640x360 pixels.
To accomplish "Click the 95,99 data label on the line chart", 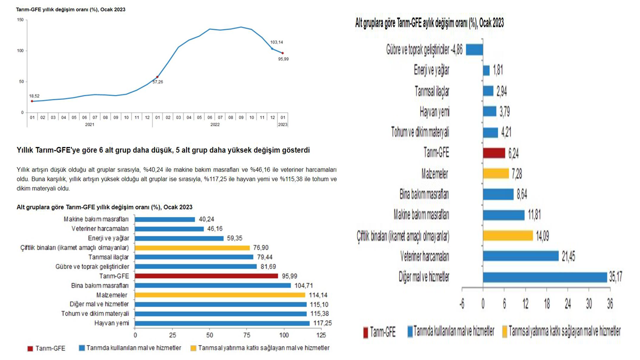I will [x=283, y=59].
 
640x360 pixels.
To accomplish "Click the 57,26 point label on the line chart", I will [x=157, y=81].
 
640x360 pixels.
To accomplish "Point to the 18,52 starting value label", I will [x=34, y=95].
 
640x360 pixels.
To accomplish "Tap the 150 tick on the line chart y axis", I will [x=20, y=20].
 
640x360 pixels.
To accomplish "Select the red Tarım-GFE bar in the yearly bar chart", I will [x=206, y=275].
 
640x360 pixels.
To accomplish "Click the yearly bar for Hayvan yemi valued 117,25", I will [x=222, y=323].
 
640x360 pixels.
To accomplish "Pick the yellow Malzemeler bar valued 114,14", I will [x=220, y=295].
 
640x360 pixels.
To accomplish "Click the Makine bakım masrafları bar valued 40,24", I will [x=165, y=219].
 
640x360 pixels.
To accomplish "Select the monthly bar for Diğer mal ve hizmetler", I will [x=545, y=276].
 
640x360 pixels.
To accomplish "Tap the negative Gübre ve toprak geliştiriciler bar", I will [x=474, y=49].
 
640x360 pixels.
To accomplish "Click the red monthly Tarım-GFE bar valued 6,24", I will [x=494, y=153].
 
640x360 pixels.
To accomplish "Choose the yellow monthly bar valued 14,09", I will [x=508, y=235].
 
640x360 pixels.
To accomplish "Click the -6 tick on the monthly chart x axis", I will [x=462, y=304].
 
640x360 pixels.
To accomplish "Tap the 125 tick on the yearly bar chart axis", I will [x=320, y=334].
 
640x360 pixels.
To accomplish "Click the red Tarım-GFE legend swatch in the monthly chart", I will [x=365, y=331].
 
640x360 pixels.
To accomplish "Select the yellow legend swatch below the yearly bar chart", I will [x=193, y=348].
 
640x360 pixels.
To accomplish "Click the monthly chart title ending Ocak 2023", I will [x=429, y=22].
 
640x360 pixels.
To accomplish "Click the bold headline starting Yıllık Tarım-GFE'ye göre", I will [x=162, y=150].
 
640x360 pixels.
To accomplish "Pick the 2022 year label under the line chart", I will [x=215, y=124].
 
